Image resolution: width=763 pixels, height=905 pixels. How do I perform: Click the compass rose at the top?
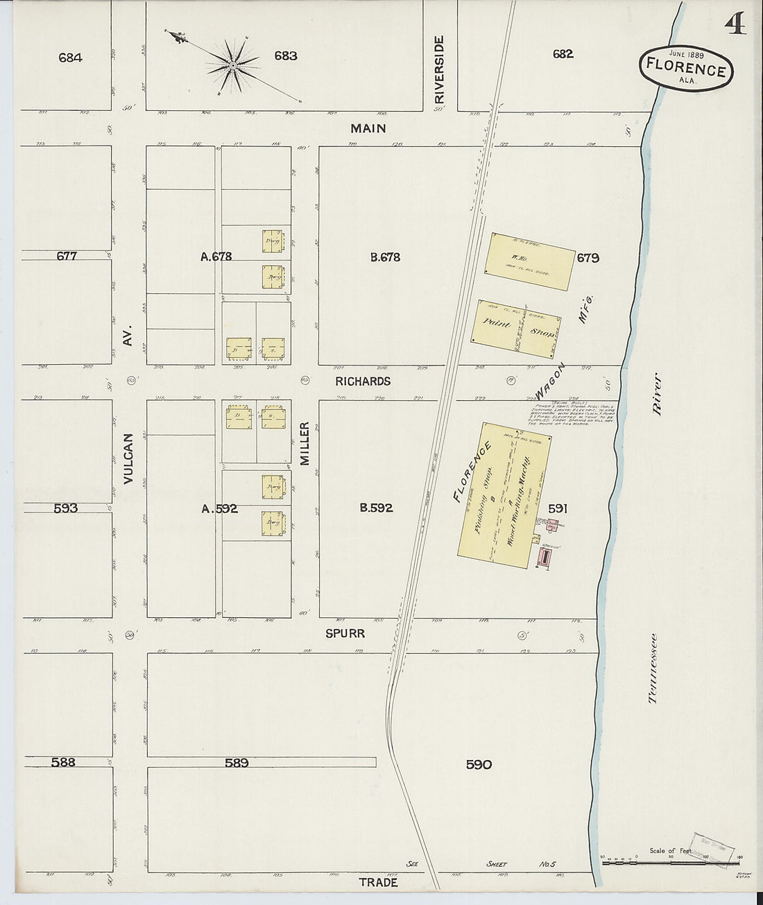(233, 66)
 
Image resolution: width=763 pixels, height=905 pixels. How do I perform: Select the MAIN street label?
(368, 128)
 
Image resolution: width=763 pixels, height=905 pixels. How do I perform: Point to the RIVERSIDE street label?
(438, 70)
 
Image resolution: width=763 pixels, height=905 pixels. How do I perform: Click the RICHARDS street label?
(363, 381)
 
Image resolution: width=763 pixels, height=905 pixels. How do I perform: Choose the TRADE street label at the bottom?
(378, 883)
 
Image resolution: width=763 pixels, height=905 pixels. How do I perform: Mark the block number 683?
(285, 56)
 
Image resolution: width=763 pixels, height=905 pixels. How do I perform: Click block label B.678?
(385, 257)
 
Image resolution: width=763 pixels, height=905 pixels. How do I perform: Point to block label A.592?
(219, 508)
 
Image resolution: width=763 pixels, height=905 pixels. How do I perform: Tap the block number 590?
(479, 764)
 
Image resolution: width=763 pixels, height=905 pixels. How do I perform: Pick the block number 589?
(237, 763)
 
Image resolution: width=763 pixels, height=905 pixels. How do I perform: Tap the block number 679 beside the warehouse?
(588, 258)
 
